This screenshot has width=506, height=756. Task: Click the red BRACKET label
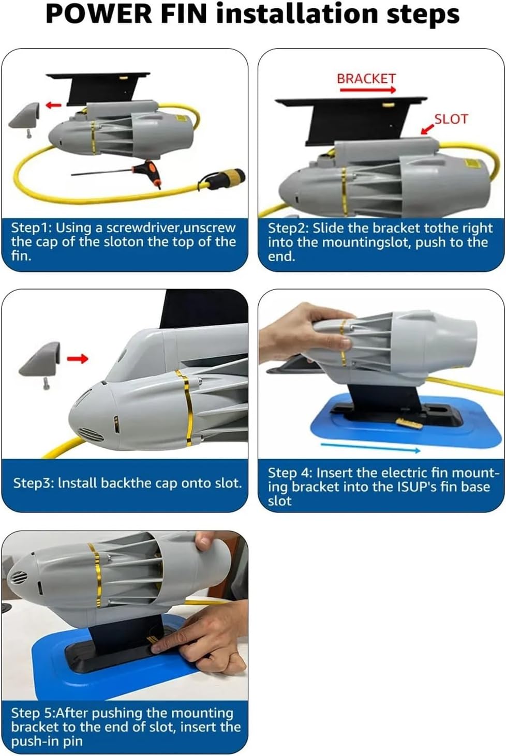(x=366, y=79)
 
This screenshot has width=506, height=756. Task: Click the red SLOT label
(x=451, y=119)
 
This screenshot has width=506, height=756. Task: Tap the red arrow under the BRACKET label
(x=367, y=90)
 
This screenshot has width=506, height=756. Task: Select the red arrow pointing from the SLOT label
(x=427, y=129)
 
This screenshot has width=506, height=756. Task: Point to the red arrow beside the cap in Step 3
(x=78, y=359)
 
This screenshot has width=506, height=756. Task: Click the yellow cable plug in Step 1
(x=228, y=177)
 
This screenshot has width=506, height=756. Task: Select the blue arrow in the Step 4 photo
(x=370, y=447)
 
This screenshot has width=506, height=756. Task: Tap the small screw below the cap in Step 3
(x=46, y=384)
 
